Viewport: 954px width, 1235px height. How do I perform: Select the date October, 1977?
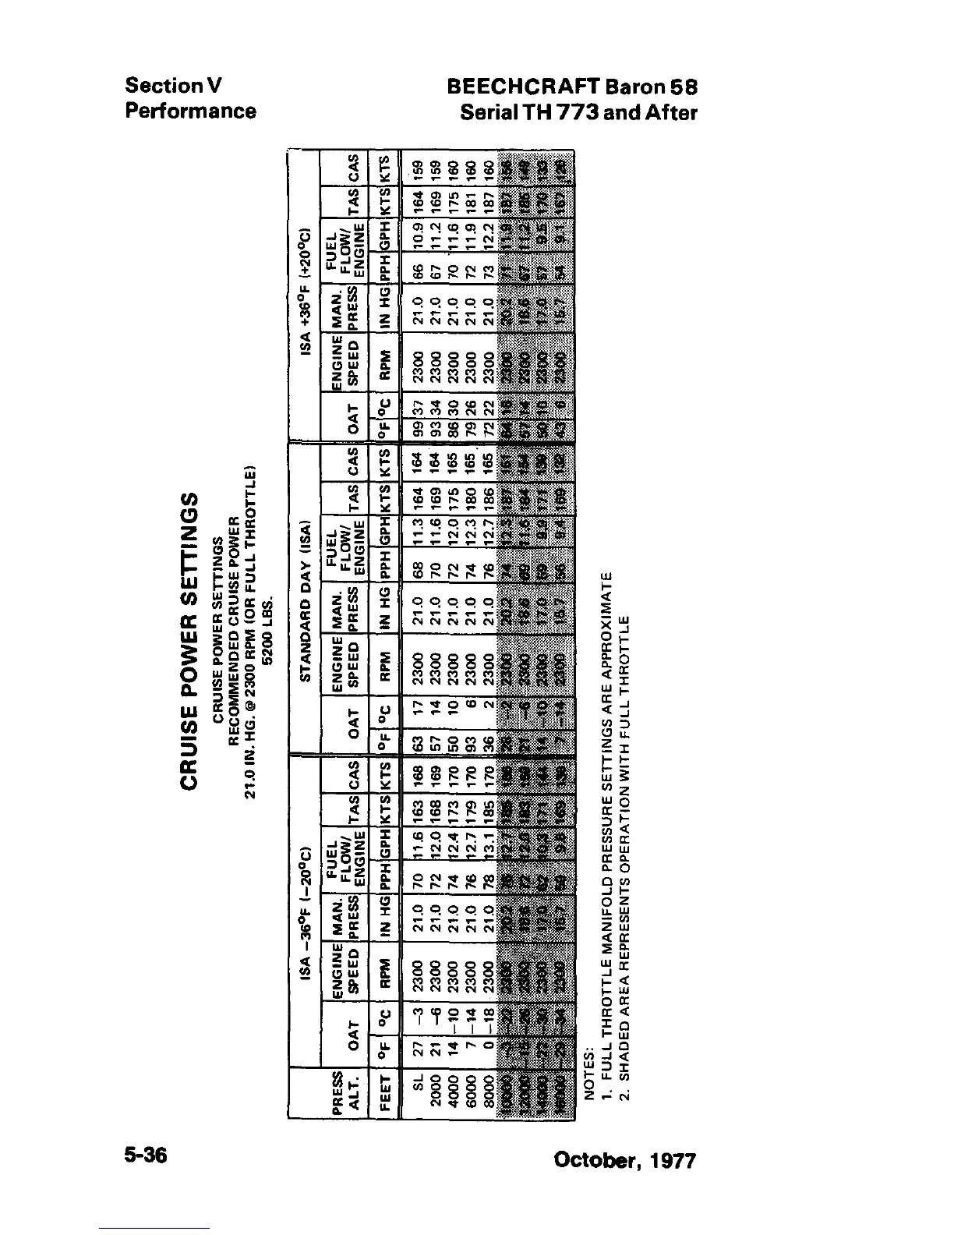[x=624, y=1160]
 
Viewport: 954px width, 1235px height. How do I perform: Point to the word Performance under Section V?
[x=190, y=111]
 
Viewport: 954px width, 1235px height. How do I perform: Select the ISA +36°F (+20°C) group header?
[x=306, y=288]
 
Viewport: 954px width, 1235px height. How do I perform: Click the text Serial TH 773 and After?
[x=578, y=112]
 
